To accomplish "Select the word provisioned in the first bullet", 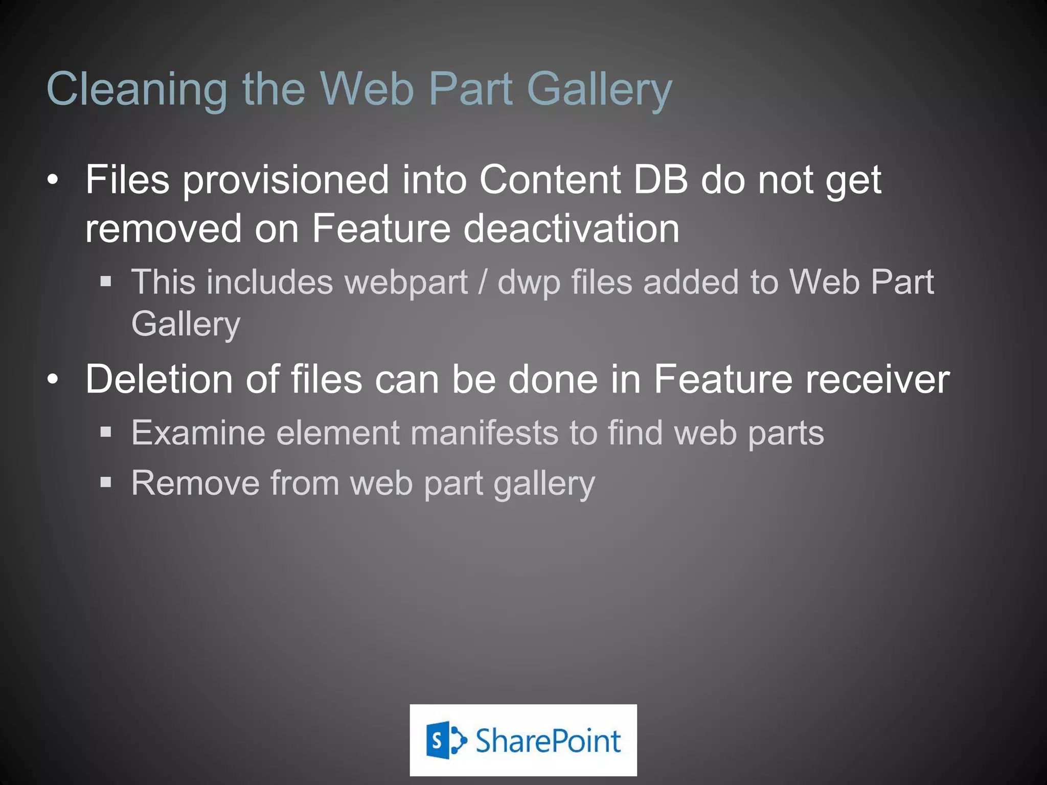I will click(286, 180).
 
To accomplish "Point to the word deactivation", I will click(571, 228).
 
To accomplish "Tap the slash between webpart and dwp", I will click(482, 283).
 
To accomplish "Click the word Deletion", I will click(159, 379).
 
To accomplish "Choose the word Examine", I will click(198, 433).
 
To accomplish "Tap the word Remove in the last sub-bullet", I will click(195, 482).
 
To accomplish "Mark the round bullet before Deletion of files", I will click(53, 380).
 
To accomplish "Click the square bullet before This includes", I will click(106, 281).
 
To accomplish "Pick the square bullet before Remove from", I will click(106, 482).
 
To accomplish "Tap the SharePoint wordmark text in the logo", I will click(548, 741).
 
